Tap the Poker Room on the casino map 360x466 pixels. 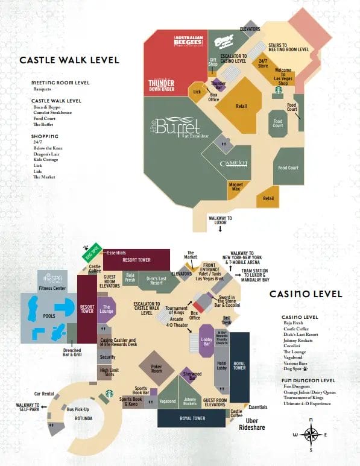pyautogui.click(x=156, y=368)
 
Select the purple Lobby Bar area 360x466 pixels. pyautogui.click(x=206, y=341)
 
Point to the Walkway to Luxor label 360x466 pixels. pyautogui.click(x=220, y=220)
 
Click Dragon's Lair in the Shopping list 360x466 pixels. pyautogui.click(x=47, y=153)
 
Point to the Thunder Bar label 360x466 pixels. pyautogui.click(x=218, y=86)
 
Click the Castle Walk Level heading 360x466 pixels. pyautogui.click(x=69, y=60)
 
